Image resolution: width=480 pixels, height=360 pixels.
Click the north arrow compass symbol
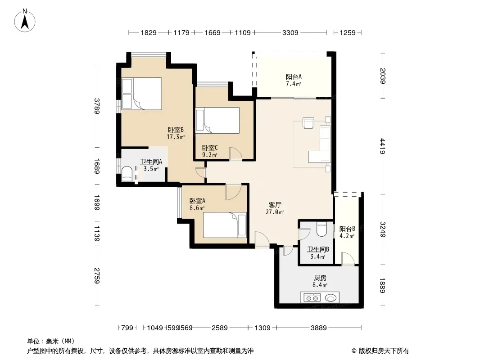pyautogui.click(x=25, y=21)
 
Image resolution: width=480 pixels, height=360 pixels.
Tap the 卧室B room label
pyautogui.click(x=176, y=130)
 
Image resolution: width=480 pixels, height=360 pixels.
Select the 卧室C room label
pyautogui.click(x=210, y=148)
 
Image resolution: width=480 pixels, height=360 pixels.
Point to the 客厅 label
pyautogui.click(x=275, y=205)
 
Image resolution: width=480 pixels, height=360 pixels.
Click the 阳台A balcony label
pyautogui.click(x=294, y=77)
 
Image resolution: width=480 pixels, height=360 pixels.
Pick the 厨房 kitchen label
pyautogui.click(x=320, y=278)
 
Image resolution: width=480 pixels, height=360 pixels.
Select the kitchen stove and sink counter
pyautogui.click(x=320, y=297)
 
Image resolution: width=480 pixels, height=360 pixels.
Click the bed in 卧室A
pyautogui.click(x=225, y=225)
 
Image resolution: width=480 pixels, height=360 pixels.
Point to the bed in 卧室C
pyautogui.click(x=217, y=120)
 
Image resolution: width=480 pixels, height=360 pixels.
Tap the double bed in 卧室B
pyautogui.click(x=142, y=94)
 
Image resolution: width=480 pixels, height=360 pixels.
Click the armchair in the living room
pyautogui.click(x=308, y=123)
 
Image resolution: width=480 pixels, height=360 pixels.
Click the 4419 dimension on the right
pyautogui.click(x=383, y=146)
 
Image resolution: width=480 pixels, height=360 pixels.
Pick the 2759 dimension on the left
pyautogui.click(x=97, y=275)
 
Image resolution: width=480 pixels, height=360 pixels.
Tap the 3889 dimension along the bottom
pyautogui.click(x=319, y=328)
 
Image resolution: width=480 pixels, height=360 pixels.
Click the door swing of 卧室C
pyautogui.click(x=235, y=153)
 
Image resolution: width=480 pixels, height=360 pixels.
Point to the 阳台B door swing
pyautogui.click(x=348, y=258)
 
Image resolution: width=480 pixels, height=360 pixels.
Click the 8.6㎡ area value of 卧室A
pyautogui.click(x=197, y=208)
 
